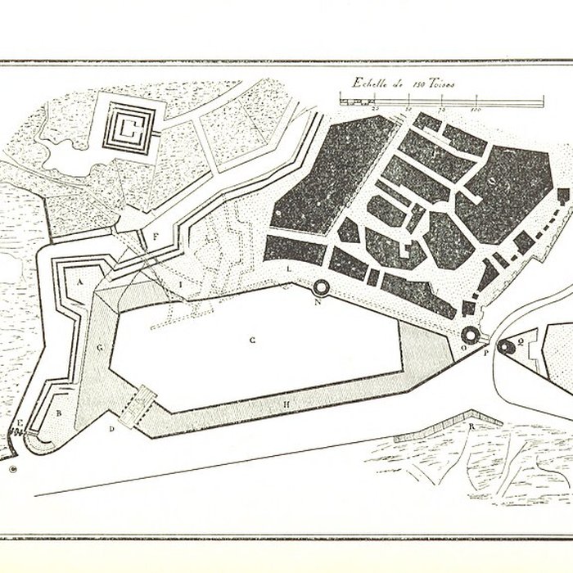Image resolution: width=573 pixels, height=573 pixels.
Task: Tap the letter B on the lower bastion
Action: pos(58,413)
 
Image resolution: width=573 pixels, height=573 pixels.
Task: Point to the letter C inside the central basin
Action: pos(254,338)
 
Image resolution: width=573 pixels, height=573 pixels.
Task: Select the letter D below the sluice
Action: pos(112,428)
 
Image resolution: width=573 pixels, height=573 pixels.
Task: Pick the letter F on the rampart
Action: pos(155,237)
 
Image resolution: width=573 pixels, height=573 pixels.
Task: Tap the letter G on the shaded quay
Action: pos(99,347)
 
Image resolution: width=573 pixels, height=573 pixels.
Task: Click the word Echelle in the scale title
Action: pos(366,82)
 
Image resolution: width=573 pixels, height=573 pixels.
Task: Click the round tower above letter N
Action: pos(320,287)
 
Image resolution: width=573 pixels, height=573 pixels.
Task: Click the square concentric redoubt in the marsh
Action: pos(129,127)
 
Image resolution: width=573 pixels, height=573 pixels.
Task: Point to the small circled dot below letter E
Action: pos(13,469)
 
